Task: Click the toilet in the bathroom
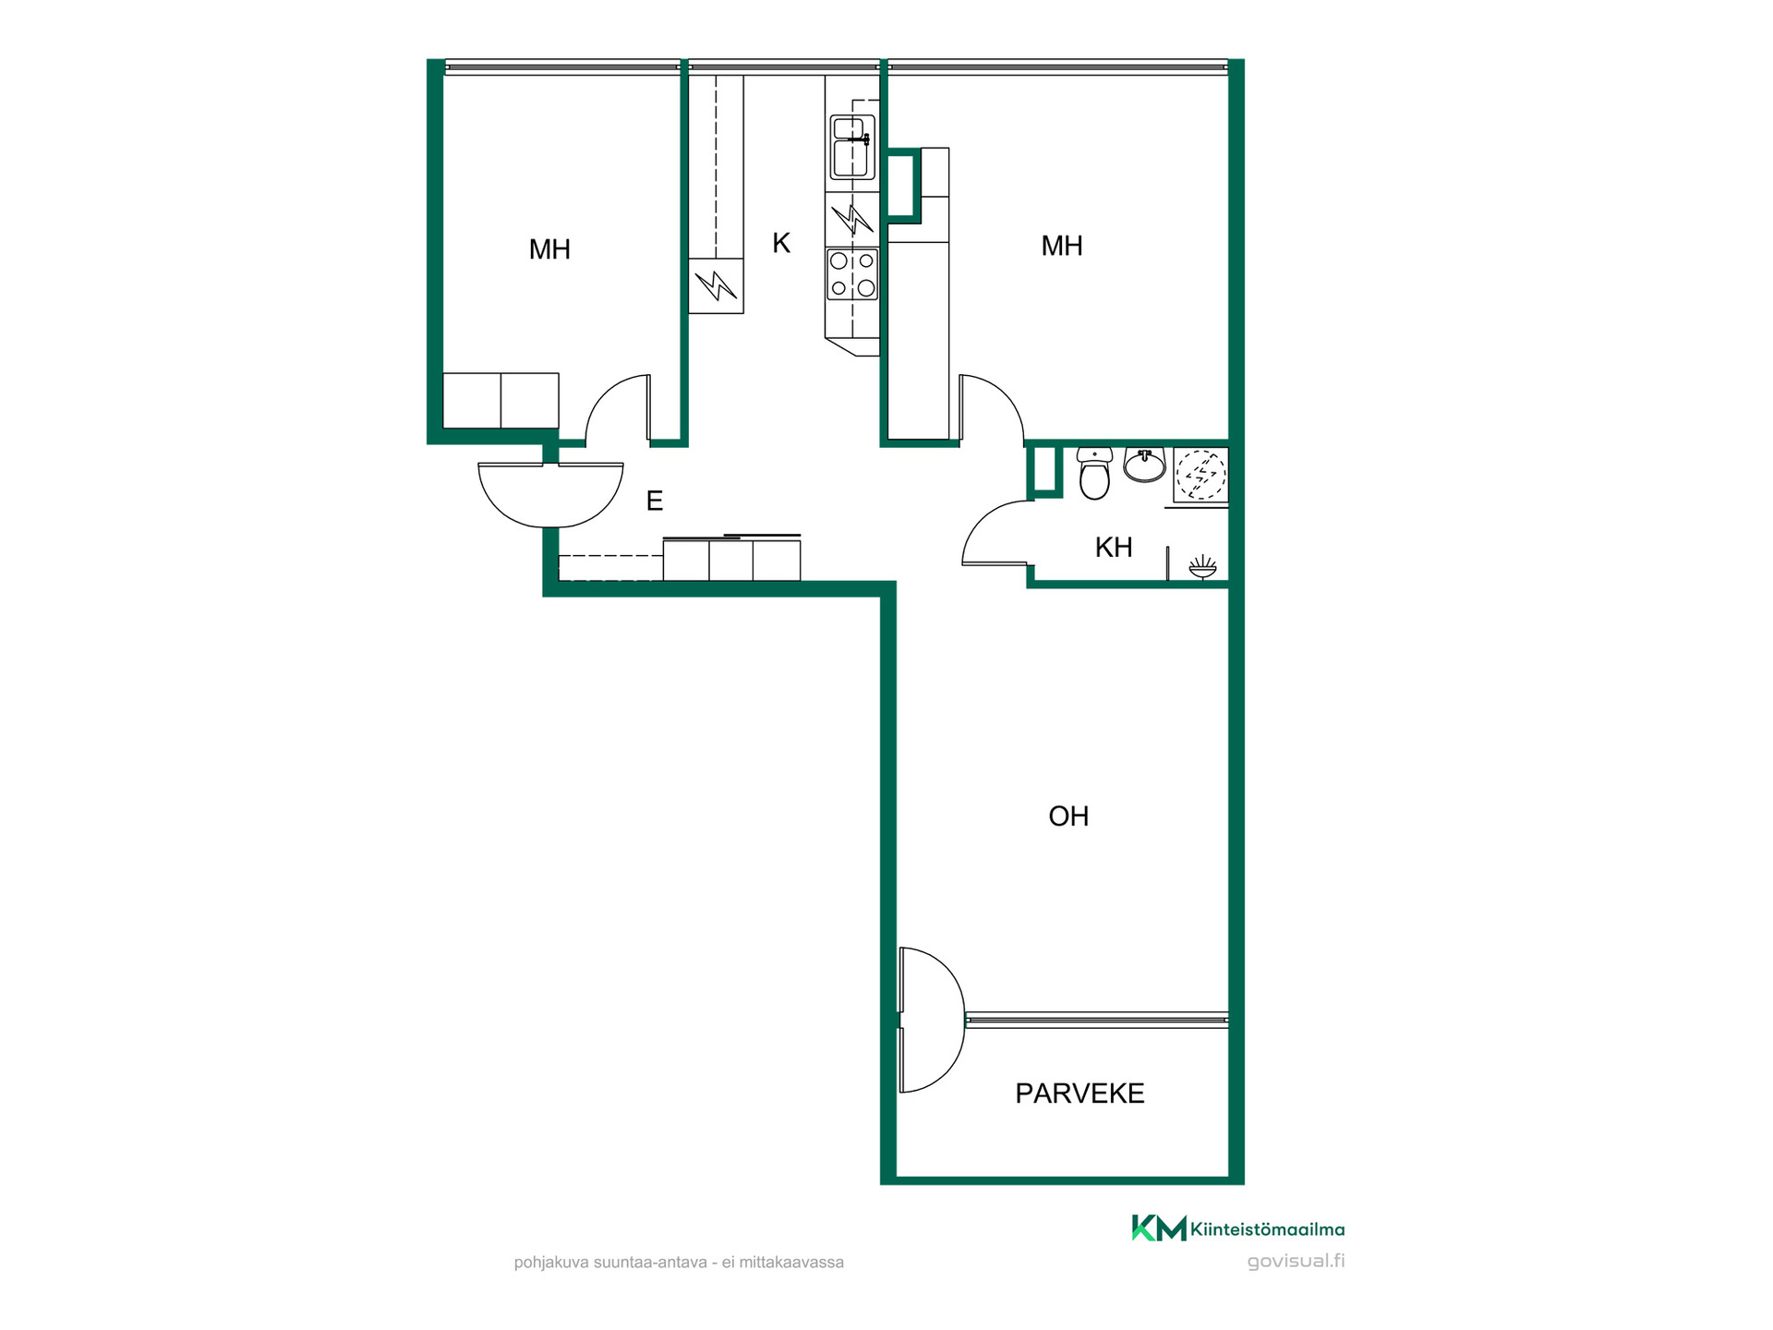click(x=1094, y=473)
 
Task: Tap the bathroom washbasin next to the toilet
click(x=1144, y=465)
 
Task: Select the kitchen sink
click(x=852, y=147)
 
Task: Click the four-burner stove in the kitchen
click(x=852, y=274)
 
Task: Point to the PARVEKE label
click(x=1079, y=1094)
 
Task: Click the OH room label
click(x=1068, y=816)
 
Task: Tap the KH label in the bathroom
click(x=1114, y=548)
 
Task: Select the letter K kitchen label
click(x=781, y=243)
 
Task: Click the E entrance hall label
click(x=655, y=501)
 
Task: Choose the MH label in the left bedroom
click(x=549, y=249)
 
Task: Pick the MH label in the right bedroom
click(x=1062, y=246)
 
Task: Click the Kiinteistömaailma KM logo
click(x=1159, y=1228)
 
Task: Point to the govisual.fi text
click(x=1296, y=1262)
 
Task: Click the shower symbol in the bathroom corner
click(x=1202, y=566)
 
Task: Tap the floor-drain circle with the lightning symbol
click(x=1201, y=475)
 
